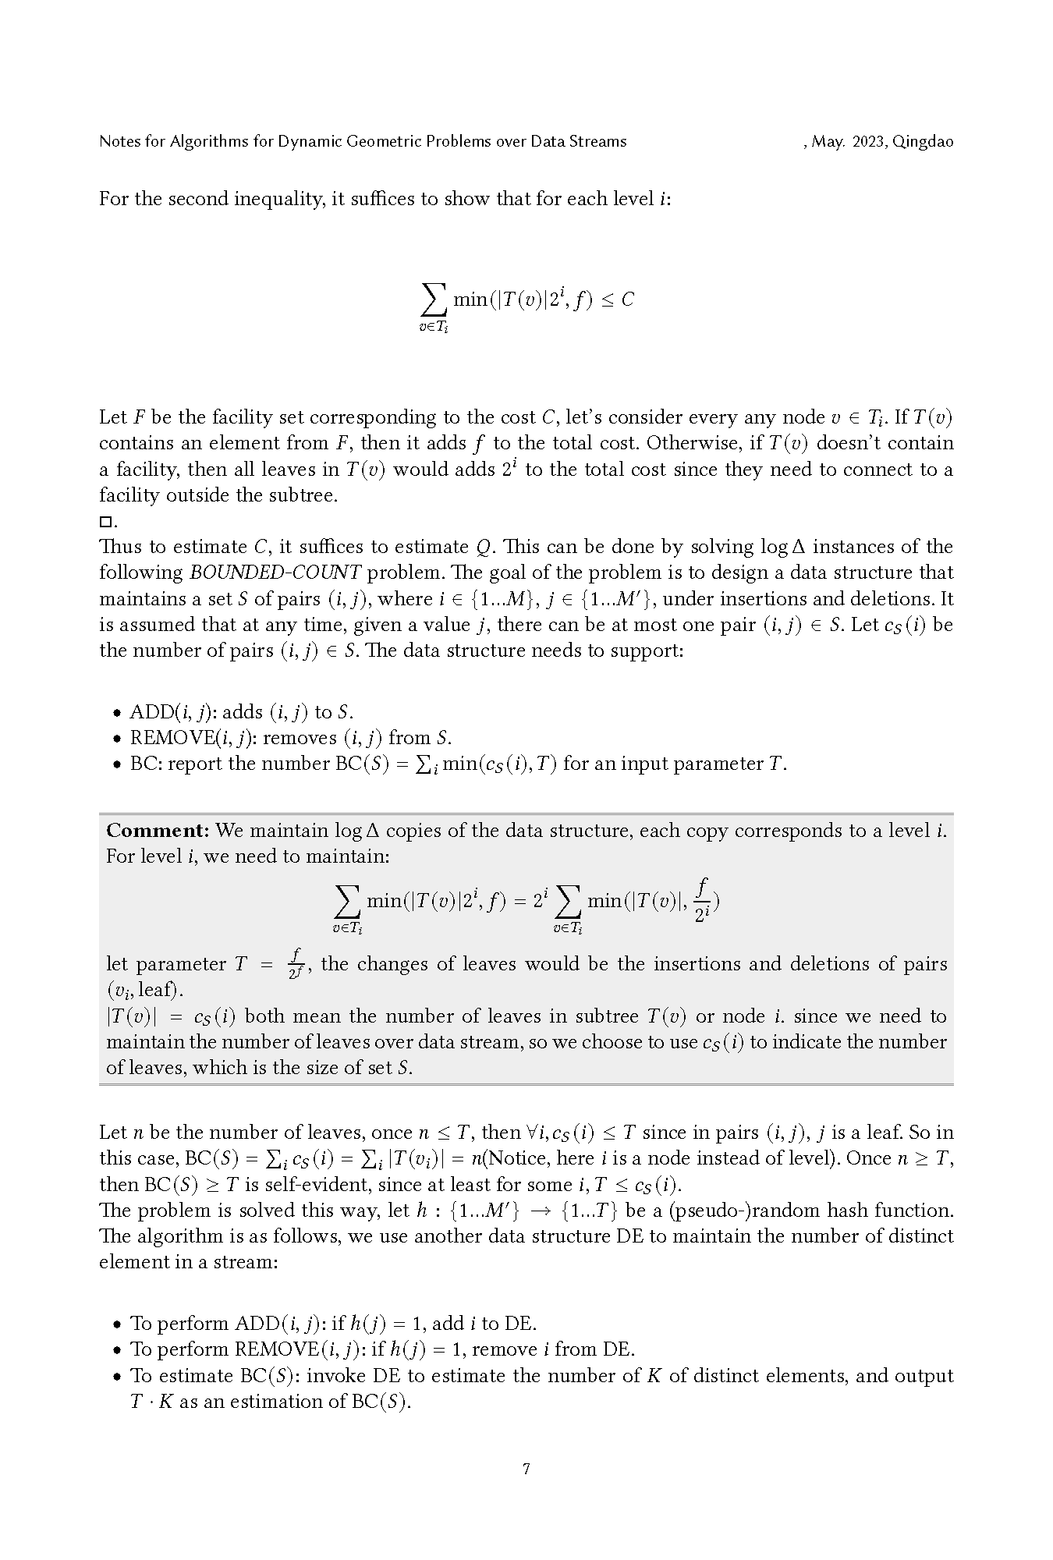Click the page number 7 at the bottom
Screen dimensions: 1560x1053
pyautogui.click(x=526, y=1470)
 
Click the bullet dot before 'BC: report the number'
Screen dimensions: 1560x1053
pyautogui.click(x=117, y=764)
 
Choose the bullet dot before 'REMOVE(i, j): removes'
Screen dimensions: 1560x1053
pyautogui.click(x=117, y=739)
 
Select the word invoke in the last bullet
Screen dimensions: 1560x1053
pyautogui.click(x=338, y=1375)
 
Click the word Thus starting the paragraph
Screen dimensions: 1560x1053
pyautogui.click(x=119, y=547)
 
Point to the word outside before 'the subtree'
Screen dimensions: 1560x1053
pyautogui.click(x=201, y=495)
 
